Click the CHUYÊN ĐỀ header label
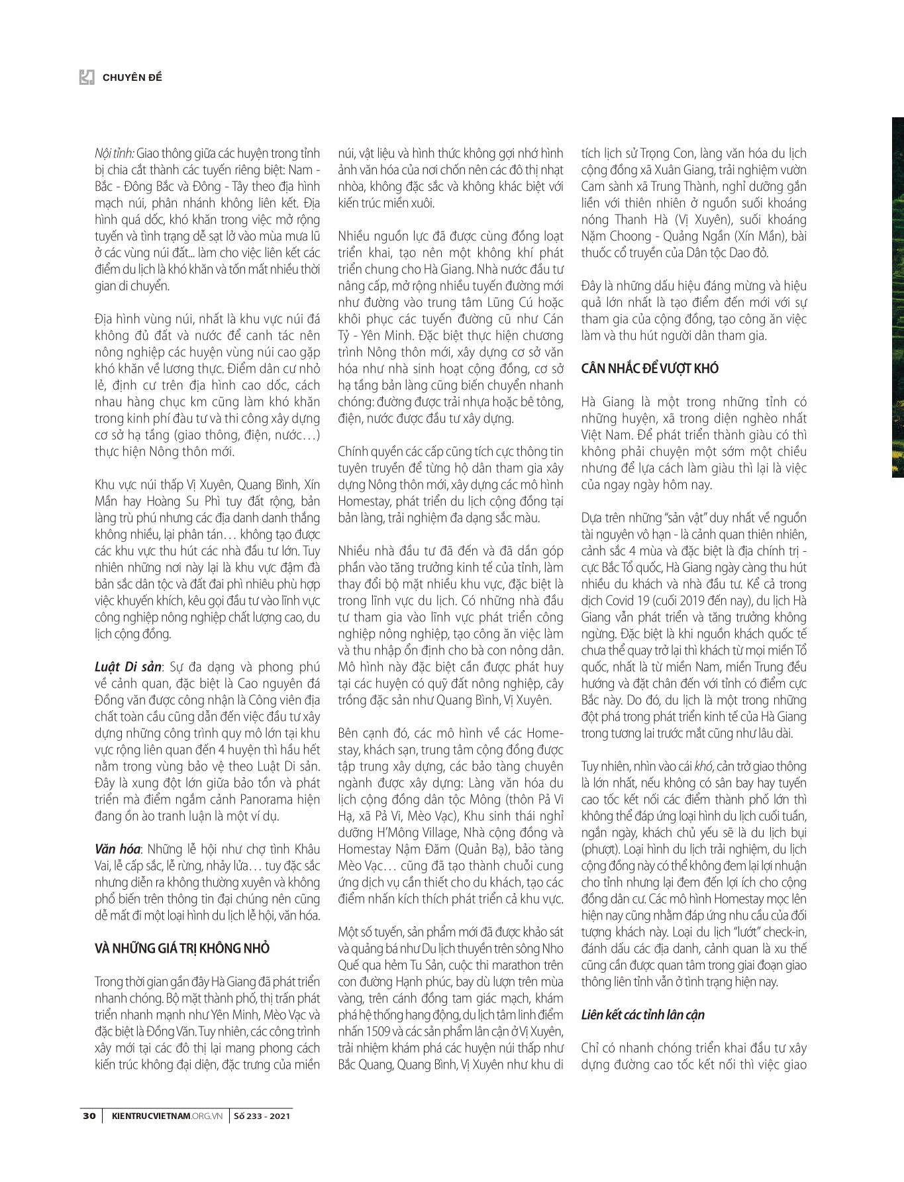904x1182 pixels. tap(132, 78)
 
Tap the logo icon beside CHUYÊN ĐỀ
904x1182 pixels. tap(87, 78)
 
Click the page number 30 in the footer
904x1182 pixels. tap(89, 1115)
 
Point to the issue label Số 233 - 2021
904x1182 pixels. tap(262, 1115)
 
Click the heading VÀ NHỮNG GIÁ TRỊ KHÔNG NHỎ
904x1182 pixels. tap(182, 948)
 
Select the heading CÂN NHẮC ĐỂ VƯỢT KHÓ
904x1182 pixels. tap(650, 368)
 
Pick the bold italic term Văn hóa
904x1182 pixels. tap(117, 849)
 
